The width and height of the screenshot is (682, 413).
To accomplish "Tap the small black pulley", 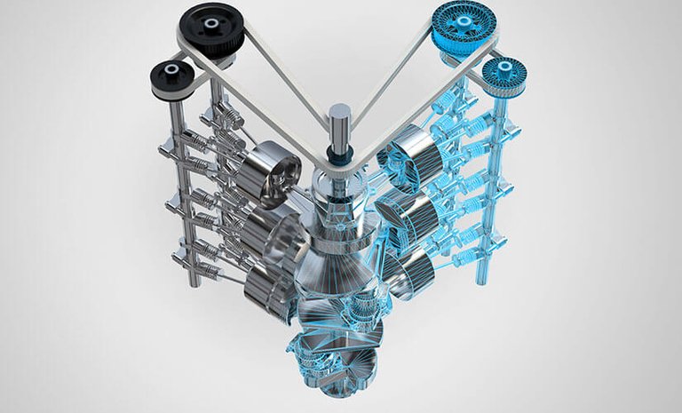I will tap(169, 79).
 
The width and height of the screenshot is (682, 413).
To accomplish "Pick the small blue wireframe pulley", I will tap(504, 75).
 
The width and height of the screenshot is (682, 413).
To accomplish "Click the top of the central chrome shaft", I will tap(339, 113).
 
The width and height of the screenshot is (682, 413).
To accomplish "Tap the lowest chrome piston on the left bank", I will tap(266, 289).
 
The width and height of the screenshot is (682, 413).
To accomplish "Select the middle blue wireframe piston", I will tap(405, 213).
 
